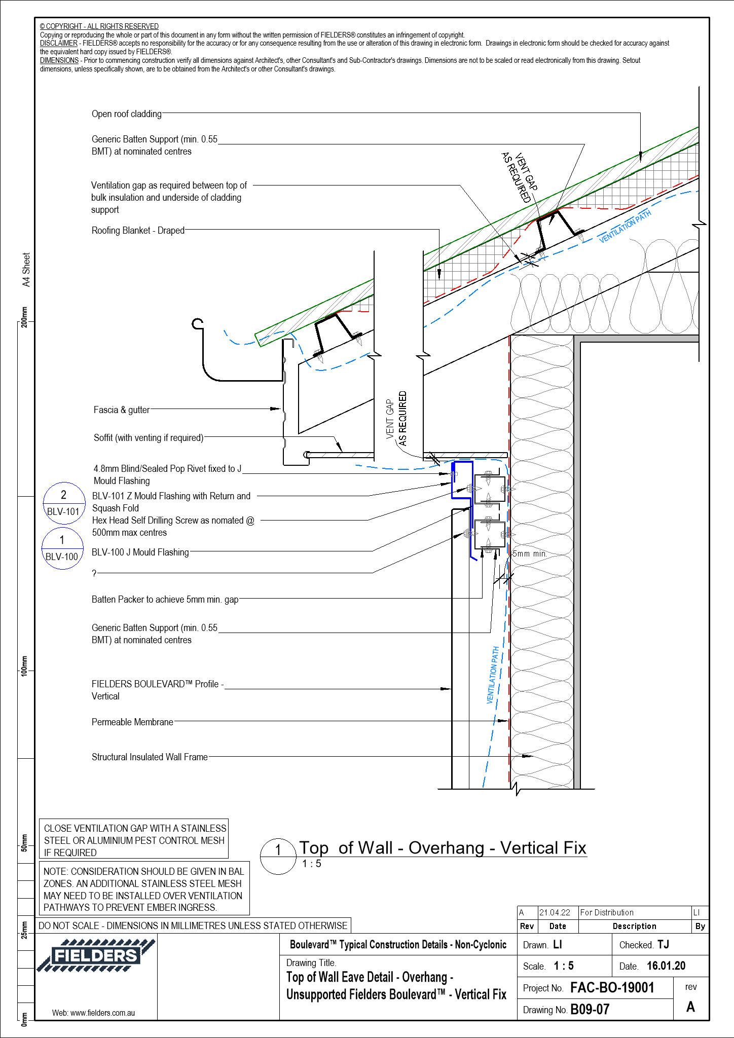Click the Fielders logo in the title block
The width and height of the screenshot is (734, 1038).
pos(95,956)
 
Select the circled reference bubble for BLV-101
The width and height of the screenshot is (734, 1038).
pos(63,503)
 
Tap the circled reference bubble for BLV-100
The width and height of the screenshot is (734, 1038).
pos(62,548)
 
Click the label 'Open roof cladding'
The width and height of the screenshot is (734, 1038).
pos(126,114)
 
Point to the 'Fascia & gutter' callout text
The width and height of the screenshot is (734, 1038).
pos(122,410)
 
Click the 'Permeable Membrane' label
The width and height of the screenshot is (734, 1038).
pos(132,722)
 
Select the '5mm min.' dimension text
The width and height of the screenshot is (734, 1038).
pos(529,553)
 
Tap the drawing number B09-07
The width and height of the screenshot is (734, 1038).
pos(590,1009)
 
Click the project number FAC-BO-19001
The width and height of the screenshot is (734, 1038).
pos(612,987)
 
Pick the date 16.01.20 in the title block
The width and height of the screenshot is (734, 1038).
pos(666,966)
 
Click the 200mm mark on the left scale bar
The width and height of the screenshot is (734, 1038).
pos(24,317)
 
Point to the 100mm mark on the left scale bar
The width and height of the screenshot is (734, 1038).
pos(24,665)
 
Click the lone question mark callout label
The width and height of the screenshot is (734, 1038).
pos(94,573)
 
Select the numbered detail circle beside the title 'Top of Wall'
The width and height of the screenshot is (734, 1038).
pos(278,856)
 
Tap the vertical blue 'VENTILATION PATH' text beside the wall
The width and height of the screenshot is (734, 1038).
pos(492,675)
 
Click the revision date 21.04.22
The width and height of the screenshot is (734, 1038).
pos(555,912)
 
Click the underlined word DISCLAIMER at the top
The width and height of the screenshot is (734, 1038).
pos(58,43)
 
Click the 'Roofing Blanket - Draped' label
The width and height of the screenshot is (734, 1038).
pos(138,231)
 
